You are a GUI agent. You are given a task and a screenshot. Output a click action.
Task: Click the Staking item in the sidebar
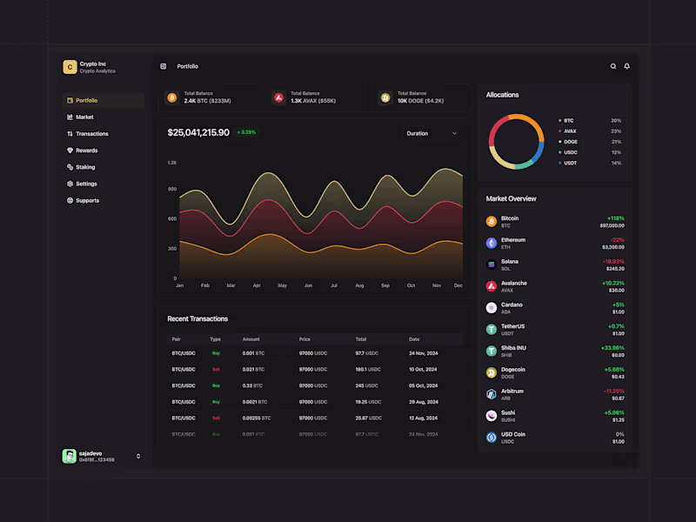point(84,167)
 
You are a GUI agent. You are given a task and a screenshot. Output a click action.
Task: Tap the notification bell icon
point(626,66)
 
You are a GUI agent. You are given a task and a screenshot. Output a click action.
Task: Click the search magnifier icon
point(613,66)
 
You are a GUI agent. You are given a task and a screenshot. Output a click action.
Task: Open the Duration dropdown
point(432,133)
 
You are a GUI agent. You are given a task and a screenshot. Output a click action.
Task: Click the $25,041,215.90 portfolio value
point(198,132)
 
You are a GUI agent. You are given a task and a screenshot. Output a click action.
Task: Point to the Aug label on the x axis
point(360,285)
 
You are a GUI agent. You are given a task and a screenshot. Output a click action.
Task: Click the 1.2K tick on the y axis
point(172,163)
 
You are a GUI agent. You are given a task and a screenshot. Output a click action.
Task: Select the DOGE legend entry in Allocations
point(571,142)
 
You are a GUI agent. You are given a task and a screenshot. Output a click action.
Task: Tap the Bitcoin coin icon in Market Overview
point(492,222)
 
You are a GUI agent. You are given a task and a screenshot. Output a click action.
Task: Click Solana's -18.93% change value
point(613,261)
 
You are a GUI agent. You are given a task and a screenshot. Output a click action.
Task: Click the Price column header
point(304,338)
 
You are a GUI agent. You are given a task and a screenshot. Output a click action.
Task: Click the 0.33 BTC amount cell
point(253,385)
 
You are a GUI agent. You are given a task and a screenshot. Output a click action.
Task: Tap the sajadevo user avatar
point(70,456)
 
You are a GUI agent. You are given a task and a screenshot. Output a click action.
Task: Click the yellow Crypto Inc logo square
point(70,67)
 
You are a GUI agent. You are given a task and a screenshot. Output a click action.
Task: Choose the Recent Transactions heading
point(197,318)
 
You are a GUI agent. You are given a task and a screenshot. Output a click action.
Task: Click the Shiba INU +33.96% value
point(612,348)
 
